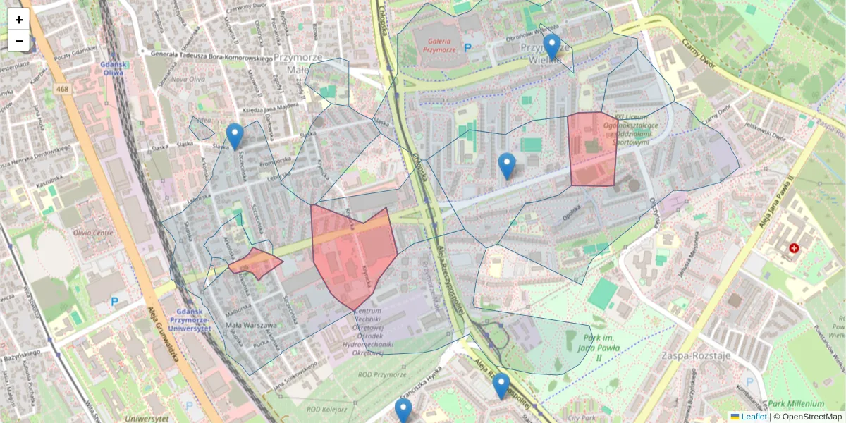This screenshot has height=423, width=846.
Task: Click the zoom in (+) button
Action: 19,20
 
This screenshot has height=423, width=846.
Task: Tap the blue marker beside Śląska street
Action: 235,135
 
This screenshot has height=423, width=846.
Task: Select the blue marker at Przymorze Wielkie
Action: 552,46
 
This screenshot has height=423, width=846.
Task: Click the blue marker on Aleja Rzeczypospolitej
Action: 501,386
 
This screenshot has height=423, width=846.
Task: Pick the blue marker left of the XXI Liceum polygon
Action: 507,165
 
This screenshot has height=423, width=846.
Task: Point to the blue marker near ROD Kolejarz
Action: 403,410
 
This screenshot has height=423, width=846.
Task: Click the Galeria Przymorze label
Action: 435,45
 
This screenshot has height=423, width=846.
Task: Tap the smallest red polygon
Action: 255,263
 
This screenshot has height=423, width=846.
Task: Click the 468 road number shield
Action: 63,89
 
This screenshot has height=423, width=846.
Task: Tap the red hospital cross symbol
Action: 795,248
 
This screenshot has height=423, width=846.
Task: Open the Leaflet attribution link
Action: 753,417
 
